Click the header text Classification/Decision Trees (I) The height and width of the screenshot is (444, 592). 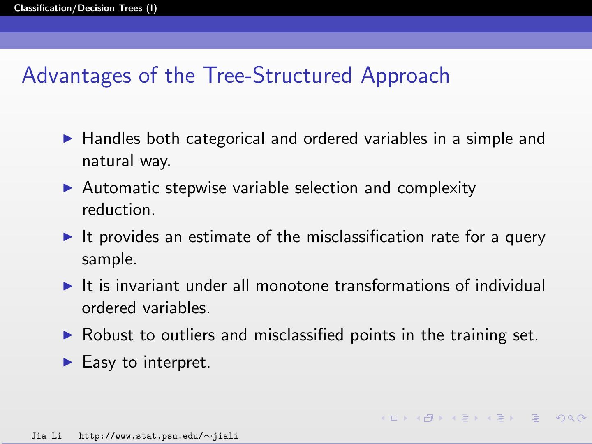(x=85, y=8)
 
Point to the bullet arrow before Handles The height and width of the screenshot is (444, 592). (x=68, y=139)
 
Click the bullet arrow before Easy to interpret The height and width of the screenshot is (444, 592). (x=68, y=362)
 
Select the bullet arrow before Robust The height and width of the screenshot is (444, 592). (x=68, y=335)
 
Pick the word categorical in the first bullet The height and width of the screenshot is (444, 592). (x=225, y=139)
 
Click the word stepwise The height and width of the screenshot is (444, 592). (x=196, y=188)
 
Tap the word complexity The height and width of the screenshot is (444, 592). (x=436, y=188)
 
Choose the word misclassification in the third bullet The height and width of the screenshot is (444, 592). (x=365, y=237)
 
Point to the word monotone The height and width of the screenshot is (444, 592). (x=292, y=286)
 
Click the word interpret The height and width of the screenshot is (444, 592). (x=177, y=363)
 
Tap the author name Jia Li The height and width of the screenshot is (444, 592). (x=46, y=436)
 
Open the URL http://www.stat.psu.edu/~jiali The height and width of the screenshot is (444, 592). (x=158, y=436)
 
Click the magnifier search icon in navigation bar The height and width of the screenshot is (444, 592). (x=571, y=418)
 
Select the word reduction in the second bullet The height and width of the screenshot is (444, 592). (x=118, y=210)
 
